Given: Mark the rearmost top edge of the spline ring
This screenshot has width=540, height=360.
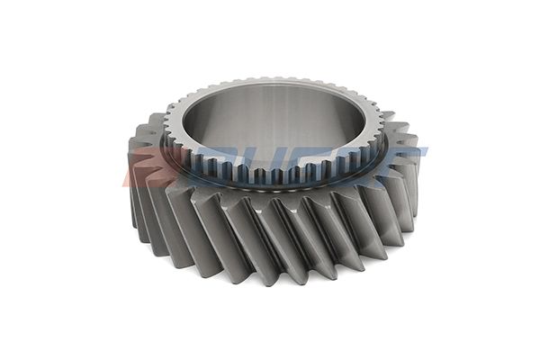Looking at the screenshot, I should (274, 80).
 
